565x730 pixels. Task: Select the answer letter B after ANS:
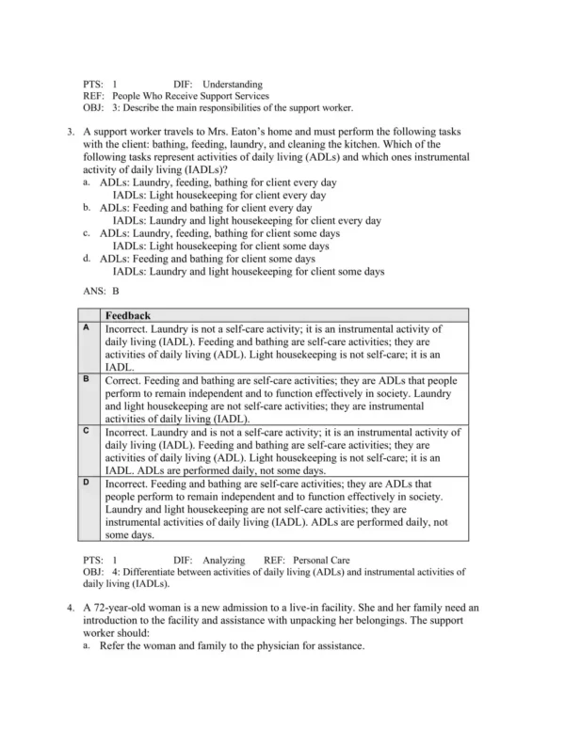(116, 292)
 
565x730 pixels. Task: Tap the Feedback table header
(128, 316)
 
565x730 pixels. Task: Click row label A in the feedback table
(86, 327)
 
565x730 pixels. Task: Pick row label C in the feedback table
(86, 430)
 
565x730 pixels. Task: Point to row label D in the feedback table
(86, 481)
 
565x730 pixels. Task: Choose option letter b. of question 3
(87, 208)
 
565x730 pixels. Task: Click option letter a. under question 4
(87, 646)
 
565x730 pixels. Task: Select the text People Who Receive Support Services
(190, 96)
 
